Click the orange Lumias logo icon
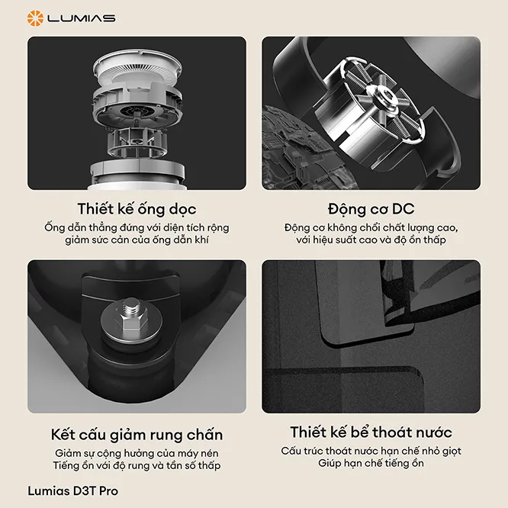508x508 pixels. click(35, 18)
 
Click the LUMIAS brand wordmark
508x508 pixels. click(82, 18)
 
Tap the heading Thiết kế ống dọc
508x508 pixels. click(137, 209)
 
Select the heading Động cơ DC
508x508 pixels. click(371, 209)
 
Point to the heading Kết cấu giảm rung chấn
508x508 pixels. click(137, 435)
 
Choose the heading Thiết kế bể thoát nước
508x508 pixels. click(371, 432)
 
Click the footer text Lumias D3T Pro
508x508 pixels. click(73, 490)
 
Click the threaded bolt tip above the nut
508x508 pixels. click(132, 306)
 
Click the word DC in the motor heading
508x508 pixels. click(403, 209)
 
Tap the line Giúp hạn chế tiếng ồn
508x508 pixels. click(371, 463)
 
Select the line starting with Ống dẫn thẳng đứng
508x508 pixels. click(137, 227)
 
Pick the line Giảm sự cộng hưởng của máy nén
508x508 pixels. click(137, 453)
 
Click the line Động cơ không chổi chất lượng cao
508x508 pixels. click(371, 227)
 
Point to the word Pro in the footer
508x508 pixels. click(108, 490)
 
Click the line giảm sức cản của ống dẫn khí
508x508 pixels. click(137, 240)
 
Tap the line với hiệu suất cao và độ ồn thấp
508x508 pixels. click(371, 240)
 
